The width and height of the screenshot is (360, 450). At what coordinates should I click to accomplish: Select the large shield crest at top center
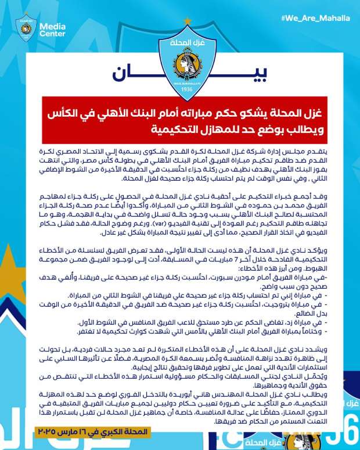(187, 55)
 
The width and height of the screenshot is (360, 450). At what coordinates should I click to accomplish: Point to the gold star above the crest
(187, 21)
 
